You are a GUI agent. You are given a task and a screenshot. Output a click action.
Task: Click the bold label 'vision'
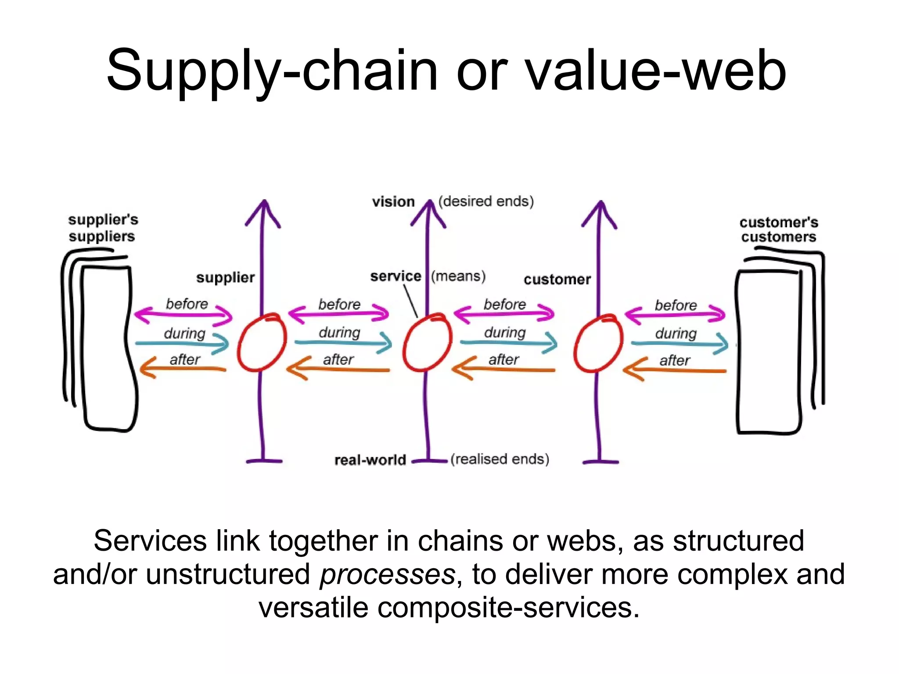[393, 202]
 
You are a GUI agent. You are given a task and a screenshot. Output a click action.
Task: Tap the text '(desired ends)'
[486, 201]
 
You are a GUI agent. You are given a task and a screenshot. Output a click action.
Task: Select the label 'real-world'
[370, 460]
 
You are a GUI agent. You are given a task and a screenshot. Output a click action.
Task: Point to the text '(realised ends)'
[500, 459]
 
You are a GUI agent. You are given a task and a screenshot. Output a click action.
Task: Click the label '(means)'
[458, 276]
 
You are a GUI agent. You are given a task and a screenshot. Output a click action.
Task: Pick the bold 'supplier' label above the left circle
[225, 277]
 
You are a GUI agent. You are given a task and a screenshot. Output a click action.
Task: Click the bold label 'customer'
[557, 280]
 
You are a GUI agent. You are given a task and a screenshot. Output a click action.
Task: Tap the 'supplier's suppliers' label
[103, 228]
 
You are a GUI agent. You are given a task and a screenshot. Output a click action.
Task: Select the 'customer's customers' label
[779, 229]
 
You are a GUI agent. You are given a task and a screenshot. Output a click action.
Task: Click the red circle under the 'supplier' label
[262, 343]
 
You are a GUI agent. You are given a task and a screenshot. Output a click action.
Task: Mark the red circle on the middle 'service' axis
[427, 343]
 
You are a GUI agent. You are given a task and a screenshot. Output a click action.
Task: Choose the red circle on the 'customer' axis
[598, 343]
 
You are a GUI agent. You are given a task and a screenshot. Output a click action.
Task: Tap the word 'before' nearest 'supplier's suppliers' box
[187, 304]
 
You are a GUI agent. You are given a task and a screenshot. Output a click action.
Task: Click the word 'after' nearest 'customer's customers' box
[675, 361]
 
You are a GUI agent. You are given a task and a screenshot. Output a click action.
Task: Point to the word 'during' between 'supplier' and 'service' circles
[339, 332]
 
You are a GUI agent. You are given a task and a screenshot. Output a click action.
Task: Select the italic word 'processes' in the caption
[388, 574]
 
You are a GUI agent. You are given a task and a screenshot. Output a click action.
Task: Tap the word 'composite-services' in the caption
[505, 608]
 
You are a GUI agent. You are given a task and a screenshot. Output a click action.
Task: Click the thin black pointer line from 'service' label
[410, 301]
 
